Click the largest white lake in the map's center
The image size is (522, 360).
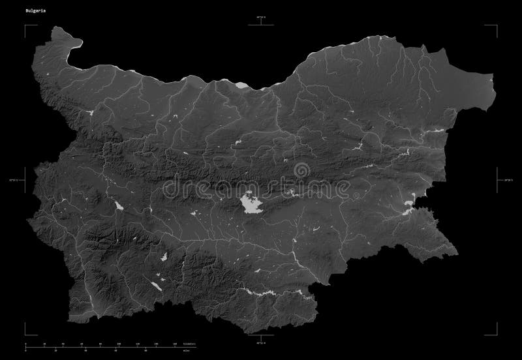coord(250,204)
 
